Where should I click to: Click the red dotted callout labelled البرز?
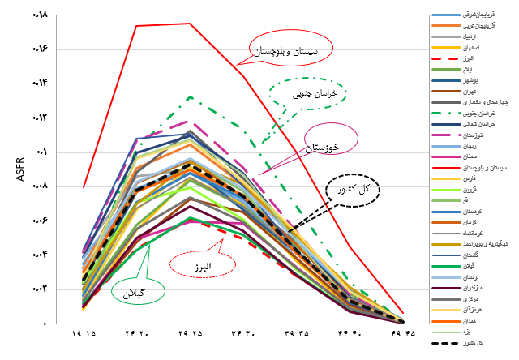202,264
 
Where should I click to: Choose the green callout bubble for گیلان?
139,290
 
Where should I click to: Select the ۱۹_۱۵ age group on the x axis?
84,333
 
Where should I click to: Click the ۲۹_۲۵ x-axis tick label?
190,333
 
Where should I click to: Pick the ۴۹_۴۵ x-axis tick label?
402,333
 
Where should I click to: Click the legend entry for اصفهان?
471,48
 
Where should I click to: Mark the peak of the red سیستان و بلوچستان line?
190,24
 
